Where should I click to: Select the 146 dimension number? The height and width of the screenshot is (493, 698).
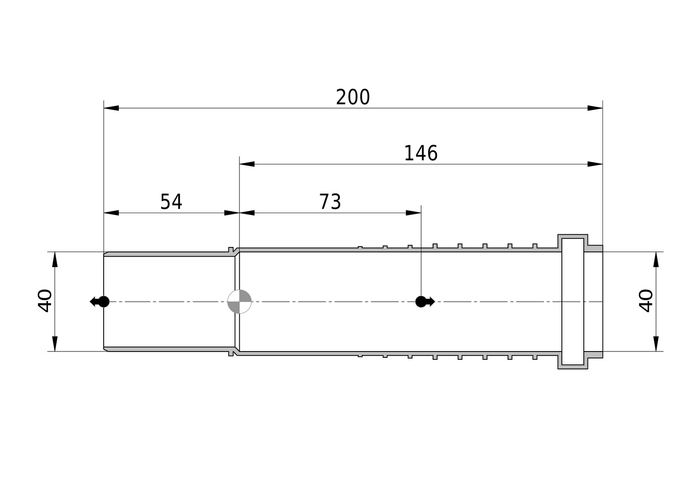[421, 153]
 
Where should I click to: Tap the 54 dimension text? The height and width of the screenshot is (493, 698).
[171, 201]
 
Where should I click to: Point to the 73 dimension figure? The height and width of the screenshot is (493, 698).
[330, 201]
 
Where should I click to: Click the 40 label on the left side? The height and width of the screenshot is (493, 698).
[45, 300]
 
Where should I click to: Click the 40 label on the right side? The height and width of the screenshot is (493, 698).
[646, 300]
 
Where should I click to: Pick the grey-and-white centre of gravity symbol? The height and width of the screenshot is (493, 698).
[239, 301]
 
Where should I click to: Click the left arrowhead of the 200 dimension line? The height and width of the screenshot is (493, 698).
[111, 108]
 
